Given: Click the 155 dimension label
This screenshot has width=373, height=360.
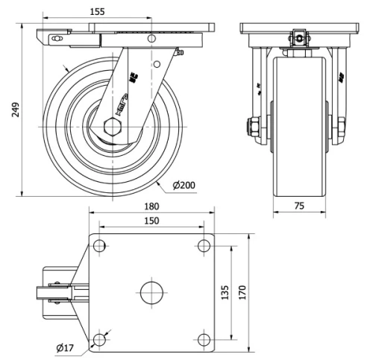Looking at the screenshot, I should coord(116,13).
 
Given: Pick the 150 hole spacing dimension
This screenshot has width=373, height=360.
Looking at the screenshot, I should coord(151,221).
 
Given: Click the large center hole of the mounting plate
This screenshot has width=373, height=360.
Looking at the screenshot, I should coord(151,291).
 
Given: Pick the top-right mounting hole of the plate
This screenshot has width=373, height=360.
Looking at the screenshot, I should coord(204,245).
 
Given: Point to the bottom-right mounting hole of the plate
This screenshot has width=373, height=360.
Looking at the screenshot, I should coord(204,340).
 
